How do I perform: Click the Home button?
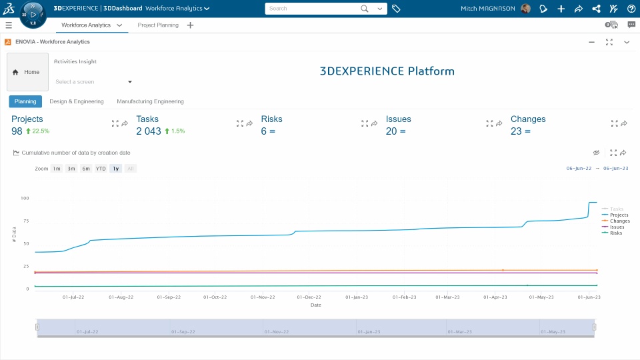pos(27,72)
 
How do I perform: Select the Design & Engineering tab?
pos(77,101)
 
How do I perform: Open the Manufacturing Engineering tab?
pos(150,101)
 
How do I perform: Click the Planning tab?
pos(25,101)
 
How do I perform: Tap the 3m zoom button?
pos(71,169)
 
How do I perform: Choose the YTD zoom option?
pos(101,169)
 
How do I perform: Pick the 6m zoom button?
pos(86,169)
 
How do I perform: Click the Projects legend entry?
pos(619,215)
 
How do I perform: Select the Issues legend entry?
pos(617,227)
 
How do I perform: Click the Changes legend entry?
pos(619,221)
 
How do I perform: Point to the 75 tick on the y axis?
pos(25,221)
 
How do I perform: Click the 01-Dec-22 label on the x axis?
pos(309,297)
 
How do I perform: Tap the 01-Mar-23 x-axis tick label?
pos(447,297)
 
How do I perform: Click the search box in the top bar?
pos(313,9)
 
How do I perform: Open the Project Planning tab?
pos(158,25)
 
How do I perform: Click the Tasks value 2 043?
pos(149,131)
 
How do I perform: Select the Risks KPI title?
pos(271,119)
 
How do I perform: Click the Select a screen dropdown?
pos(93,82)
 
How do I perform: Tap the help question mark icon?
pos(631,9)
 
